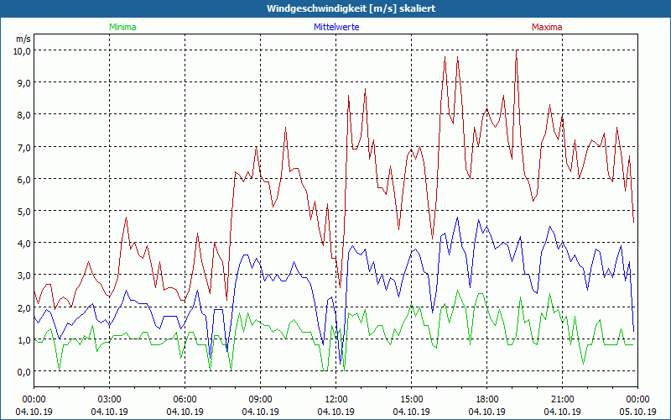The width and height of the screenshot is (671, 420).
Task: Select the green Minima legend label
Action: tap(122, 27)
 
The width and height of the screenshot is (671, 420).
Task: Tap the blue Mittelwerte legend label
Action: tap(335, 27)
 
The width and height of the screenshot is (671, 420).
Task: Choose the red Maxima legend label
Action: tap(547, 27)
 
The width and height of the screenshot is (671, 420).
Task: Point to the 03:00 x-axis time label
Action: tap(110, 399)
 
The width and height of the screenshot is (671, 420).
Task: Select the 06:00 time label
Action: tap(185, 399)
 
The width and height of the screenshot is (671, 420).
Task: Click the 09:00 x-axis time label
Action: tap(261, 399)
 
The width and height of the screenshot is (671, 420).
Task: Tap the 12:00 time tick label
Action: tap(336, 399)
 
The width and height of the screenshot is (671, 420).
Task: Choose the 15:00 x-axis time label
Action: tap(412, 399)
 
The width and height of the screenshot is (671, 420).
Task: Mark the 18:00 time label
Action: tap(487, 399)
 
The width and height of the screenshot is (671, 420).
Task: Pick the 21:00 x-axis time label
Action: tap(563, 399)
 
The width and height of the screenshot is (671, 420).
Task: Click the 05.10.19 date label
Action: tap(638, 412)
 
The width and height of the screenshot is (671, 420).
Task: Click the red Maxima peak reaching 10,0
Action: tap(517, 51)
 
